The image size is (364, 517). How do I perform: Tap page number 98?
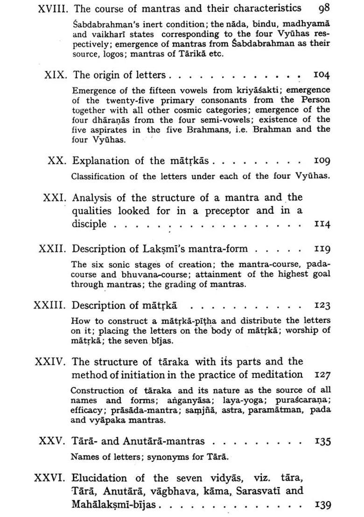coord(324,9)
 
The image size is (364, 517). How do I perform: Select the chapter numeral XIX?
coord(57,75)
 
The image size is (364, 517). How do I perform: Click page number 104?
coord(322,75)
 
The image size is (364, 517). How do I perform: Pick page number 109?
coord(322,161)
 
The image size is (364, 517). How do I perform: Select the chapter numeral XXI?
coord(56,197)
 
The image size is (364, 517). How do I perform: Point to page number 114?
coord(322,224)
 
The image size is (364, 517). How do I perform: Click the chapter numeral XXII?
coord(53,249)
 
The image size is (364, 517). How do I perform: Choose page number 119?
coord(322,249)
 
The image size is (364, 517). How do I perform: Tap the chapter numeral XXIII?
coord(50,306)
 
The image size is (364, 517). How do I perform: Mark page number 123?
coord(322,306)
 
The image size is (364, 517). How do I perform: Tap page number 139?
coord(323,504)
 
